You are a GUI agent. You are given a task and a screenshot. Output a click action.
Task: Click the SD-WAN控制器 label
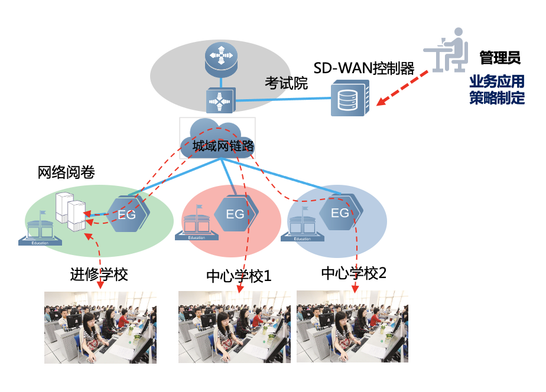click(x=363, y=68)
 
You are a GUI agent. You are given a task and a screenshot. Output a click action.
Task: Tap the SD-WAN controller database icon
click(x=350, y=98)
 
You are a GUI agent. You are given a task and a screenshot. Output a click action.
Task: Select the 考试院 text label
click(x=286, y=83)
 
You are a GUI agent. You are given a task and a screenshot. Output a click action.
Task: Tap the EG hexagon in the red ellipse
click(x=235, y=213)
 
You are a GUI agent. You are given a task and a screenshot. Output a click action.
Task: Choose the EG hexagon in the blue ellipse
click(x=339, y=212)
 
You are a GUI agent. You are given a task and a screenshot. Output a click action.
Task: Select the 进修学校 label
click(x=99, y=275)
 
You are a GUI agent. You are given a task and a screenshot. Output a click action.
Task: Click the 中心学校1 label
click(x=239, y=276)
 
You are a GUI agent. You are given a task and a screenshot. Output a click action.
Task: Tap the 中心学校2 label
click(x=353, y=273)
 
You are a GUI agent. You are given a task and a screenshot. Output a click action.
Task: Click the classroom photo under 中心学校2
click(x=352, y=326)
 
